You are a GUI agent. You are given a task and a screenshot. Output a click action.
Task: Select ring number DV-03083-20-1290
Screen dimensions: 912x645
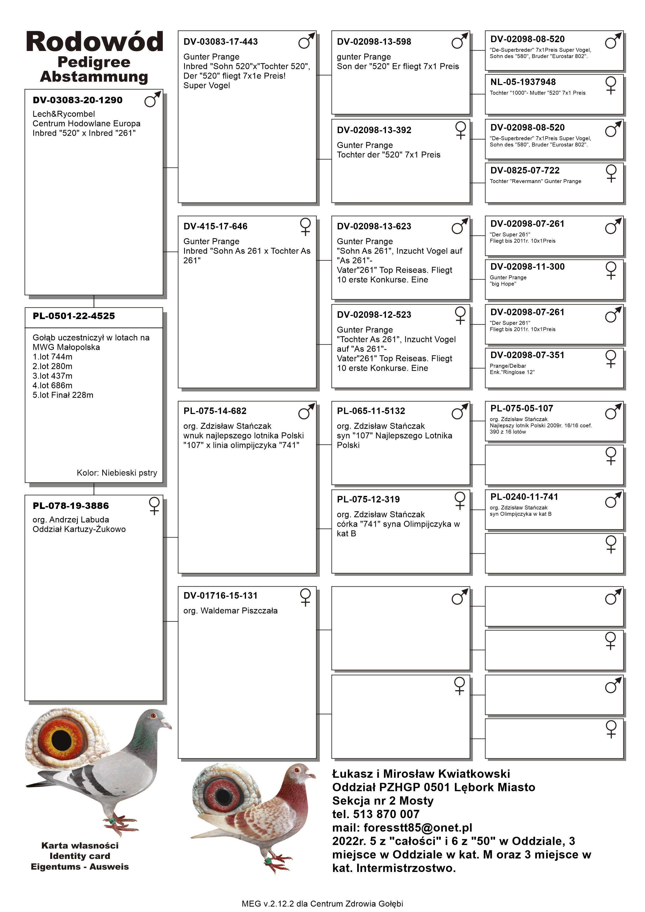[78, 100]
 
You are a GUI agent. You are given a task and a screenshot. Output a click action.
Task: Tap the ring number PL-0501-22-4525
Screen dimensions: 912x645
[74, 316]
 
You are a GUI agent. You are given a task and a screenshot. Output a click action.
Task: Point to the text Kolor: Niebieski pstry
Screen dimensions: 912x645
[117, 473]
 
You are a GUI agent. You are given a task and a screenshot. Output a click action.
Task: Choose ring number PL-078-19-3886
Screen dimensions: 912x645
[71, 506]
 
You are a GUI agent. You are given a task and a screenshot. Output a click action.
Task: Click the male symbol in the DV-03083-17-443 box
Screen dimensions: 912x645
[306, 41]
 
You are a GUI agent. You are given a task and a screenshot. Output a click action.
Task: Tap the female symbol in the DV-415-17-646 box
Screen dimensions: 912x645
[305, 227]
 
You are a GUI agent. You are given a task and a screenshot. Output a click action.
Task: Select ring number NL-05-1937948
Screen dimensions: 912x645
[523, 82]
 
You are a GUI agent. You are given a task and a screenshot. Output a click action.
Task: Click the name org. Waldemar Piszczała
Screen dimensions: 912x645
[230, 611]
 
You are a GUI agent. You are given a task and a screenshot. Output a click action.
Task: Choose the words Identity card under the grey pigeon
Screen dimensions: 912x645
[80, 856]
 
